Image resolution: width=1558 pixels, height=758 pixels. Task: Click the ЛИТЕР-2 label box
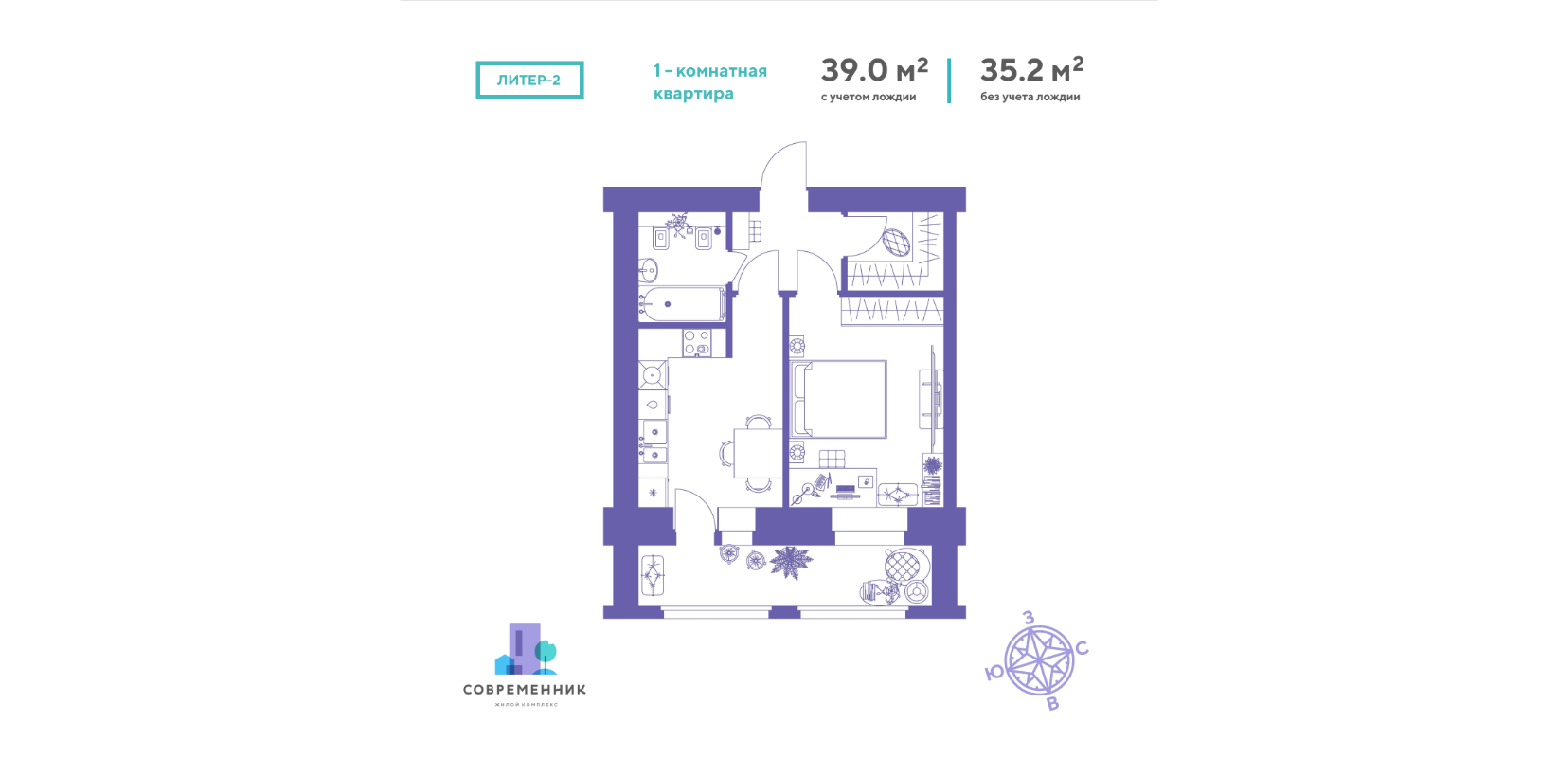point(529,80)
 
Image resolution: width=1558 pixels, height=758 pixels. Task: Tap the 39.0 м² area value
point(874,70)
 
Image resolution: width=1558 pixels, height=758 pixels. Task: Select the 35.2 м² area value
point(1031,69)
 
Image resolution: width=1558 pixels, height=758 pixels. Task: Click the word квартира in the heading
point(692,93)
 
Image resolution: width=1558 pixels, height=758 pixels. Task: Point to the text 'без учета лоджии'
point(1030,97)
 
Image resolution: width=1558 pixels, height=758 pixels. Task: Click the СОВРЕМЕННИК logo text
point(525,690)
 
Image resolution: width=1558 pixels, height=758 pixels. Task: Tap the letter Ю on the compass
point(994,673)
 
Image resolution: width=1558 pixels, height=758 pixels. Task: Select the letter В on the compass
point(1053,704)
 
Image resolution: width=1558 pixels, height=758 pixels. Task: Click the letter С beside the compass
point(1082,649)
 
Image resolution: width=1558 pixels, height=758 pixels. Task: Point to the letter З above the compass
point(1029,618)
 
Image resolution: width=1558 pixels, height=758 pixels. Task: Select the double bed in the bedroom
point(839,399)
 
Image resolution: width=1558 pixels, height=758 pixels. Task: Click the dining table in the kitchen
point(758,453)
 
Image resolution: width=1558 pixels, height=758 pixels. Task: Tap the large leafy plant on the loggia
point(790,563)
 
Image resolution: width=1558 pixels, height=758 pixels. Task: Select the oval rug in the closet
point(896,244)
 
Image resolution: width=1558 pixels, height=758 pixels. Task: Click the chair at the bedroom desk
point(832,460)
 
